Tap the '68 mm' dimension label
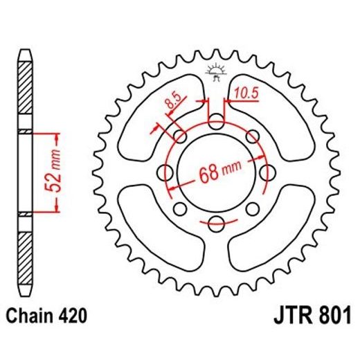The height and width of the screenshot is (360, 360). [x=217, y=170]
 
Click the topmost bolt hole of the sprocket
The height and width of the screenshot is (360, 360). [x=217, y=123]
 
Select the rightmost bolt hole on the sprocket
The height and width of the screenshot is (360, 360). [x=266, y=172]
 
